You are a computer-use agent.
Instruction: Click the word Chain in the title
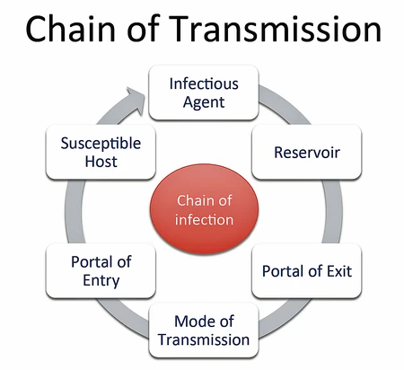68,31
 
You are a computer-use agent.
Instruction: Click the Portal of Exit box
306,270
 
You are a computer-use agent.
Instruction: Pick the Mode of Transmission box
203,330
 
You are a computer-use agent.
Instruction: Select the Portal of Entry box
101,270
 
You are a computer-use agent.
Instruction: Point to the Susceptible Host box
101,153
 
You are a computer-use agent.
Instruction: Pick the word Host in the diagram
101,163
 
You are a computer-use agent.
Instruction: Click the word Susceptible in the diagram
101,143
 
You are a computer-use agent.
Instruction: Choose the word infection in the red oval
205,220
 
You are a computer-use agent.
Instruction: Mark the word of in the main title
136,31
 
